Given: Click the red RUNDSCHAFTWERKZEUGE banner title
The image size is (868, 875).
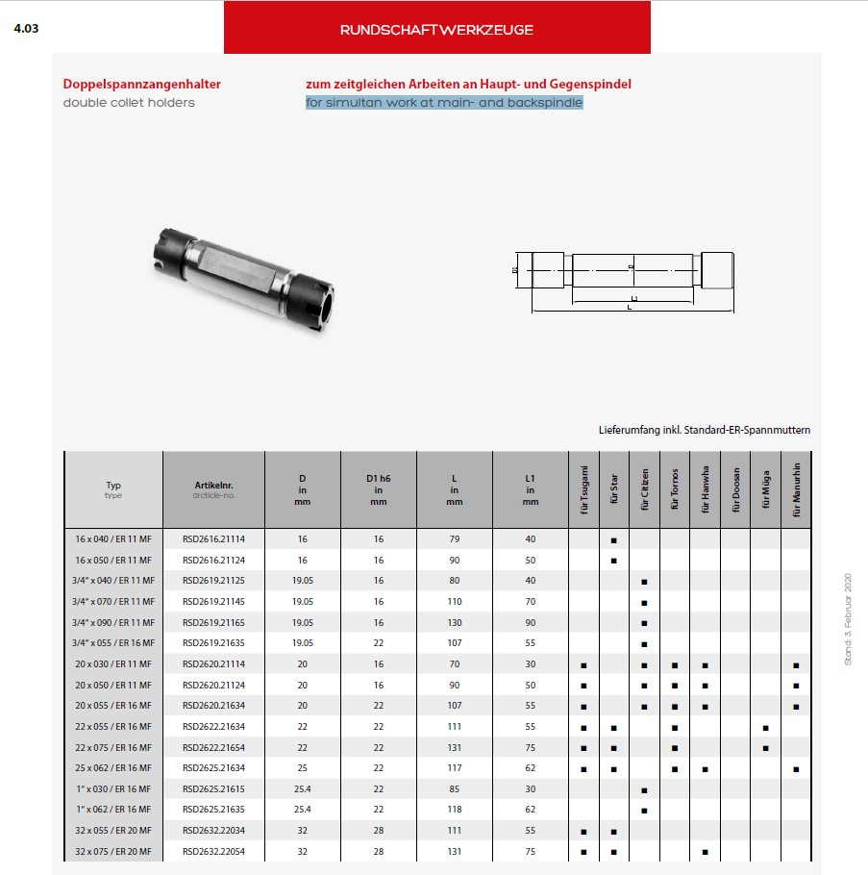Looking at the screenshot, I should pyautogui.click(x=436, y=29).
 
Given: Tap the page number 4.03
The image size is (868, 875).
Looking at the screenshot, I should pyautogui.click(x=26, y=28).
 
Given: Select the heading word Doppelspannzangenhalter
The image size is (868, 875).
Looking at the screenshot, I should pyautogui.click(x=141, y=84).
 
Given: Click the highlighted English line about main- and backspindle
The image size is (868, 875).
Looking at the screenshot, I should pyautogui.click(x=444, y=102).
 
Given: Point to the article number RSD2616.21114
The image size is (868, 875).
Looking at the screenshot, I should pyautogui.click(x=212, y=538).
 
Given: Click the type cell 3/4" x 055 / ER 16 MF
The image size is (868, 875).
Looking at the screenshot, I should pyautogui.click(x=112, y=642).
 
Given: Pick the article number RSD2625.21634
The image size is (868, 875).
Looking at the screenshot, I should pyautogui.click(x=212, y=768).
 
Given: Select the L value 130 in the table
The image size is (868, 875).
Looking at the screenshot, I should pyautogui.click(x=454, y=622).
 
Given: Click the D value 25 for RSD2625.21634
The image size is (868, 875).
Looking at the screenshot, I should pyautogui.click(x=302, y=768).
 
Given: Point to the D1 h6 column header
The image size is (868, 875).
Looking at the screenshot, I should pyautogui.click(x=378, y=489).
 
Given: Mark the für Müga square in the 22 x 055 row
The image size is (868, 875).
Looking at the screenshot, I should pyautogui.click(x=765, y=727).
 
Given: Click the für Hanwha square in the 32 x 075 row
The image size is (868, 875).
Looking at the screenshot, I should pyautogui.click(x=705, y=852).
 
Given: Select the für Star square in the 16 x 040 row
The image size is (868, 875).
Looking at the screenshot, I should pyautogui.click(x=613, y=539).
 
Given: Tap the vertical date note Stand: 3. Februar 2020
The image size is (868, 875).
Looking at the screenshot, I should pyautogui.click(x=848, y=618).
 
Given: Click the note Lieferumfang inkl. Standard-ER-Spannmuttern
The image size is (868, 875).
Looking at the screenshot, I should pyautogui.click(x=704, y=430).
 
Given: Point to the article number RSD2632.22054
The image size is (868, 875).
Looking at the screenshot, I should pyautogui.click(x=212, y=852).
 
